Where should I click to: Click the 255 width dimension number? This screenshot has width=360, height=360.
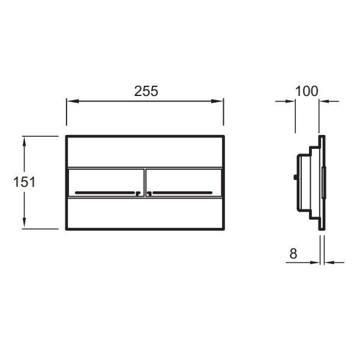tap(146, 91)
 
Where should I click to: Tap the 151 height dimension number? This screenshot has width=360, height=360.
tap(25, 182)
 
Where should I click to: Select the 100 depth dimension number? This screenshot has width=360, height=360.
tap(307, 91)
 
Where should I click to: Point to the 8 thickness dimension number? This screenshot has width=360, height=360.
tap(293, 254)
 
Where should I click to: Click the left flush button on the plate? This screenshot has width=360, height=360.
tap(106, 183)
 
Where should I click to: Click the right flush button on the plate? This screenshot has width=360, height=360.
tap(184, 183)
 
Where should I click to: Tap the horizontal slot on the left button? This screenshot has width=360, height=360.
tap(105, 193)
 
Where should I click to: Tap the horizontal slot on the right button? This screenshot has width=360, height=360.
tap(182, 193)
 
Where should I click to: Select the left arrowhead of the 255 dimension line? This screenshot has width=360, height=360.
tap(73, 101)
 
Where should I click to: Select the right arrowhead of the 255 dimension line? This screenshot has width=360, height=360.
tap(217, 101)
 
